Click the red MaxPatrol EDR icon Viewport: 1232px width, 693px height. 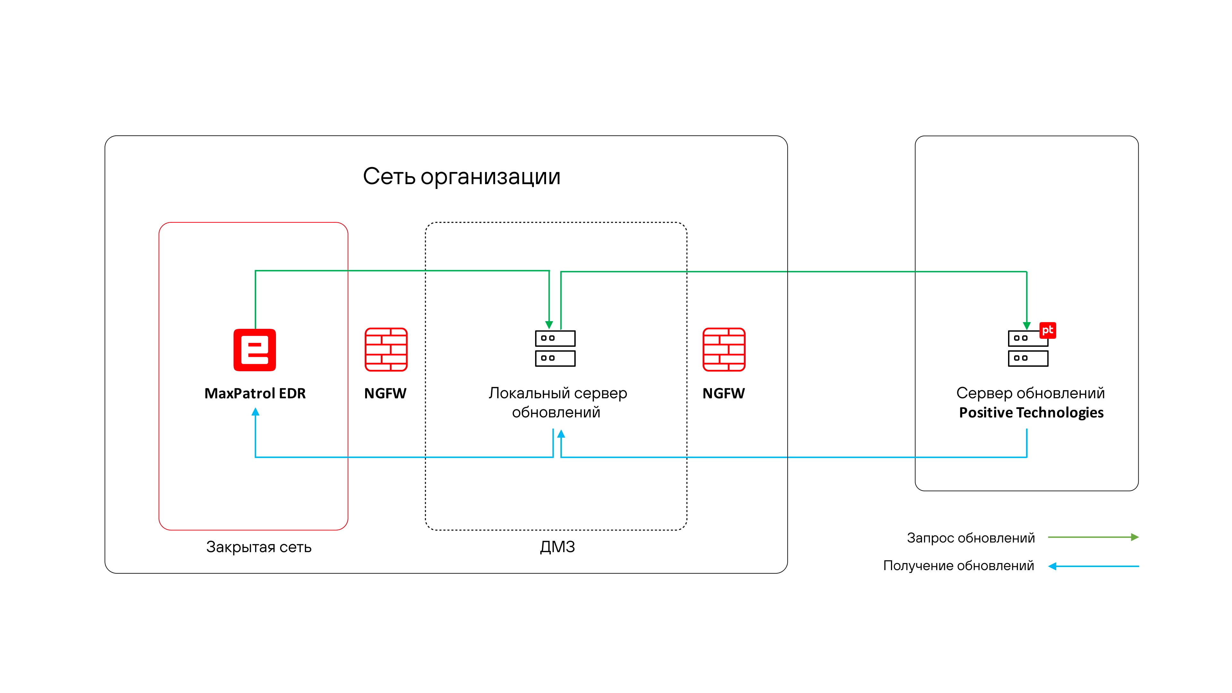254,350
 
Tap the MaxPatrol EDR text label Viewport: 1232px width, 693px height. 255,393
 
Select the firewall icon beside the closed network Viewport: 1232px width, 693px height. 386,350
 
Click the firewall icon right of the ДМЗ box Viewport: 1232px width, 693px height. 723,350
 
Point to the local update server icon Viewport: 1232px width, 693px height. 555,348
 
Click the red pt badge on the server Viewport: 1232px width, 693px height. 1048,330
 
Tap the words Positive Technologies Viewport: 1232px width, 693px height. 1031,412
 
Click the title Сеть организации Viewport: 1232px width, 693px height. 462,176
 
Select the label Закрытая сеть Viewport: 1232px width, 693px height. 259,547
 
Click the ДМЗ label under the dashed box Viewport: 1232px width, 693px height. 557,547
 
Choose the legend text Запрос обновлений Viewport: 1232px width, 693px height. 971,538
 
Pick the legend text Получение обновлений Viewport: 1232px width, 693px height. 958,566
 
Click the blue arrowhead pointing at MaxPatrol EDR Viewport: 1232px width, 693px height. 255,412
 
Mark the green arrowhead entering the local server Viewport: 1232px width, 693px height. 549,325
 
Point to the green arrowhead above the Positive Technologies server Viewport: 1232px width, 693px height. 1026,326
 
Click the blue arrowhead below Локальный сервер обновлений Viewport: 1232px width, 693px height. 561,434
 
